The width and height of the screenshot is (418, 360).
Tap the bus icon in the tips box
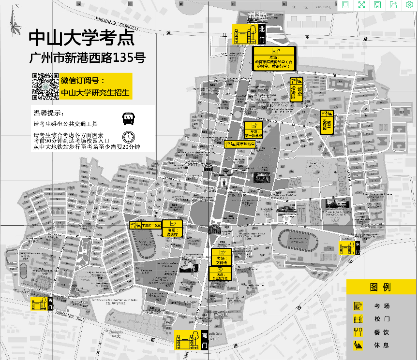128,118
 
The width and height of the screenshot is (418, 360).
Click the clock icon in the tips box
129,137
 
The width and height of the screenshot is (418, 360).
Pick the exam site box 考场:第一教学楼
254,130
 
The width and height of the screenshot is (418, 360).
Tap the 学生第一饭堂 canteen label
146,225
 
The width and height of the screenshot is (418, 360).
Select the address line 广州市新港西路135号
87,59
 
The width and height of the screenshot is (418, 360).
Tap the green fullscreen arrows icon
361,5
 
